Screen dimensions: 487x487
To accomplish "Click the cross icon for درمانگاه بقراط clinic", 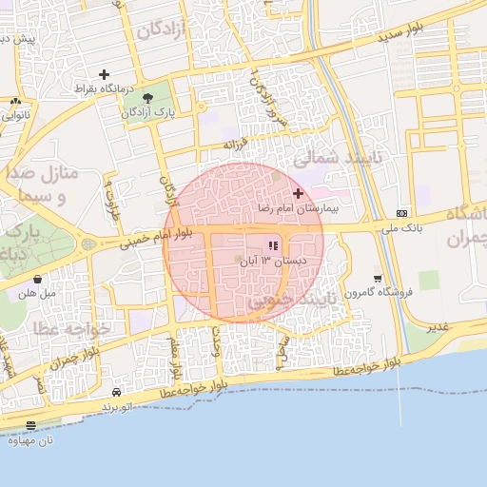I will [104, 74].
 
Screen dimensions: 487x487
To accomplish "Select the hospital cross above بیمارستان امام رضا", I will [298, 193].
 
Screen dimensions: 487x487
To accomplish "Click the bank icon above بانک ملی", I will [402, 213].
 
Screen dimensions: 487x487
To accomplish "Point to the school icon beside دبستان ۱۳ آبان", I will [273, 246].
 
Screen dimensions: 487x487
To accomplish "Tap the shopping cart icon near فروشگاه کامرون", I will [379, 279].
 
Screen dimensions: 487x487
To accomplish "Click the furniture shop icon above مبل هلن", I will [37, 280].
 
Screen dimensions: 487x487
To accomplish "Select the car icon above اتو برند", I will [116, 392].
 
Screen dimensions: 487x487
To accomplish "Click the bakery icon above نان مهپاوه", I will [31, 426].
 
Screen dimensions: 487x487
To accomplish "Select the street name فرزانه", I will [235, 145].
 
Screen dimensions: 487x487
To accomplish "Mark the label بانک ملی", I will [401, 228].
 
